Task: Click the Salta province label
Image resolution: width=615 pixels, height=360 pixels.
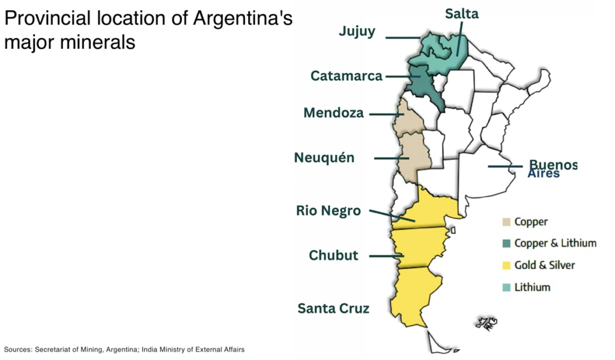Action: (462, 13)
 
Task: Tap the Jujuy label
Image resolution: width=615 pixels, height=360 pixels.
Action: (357, 31)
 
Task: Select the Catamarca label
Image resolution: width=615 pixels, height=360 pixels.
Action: (347, 76)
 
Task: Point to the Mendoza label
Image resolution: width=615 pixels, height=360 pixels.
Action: (333, 113)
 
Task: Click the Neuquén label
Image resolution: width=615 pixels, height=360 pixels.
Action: (324, 157)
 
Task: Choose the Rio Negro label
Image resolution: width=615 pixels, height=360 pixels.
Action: (329, 211)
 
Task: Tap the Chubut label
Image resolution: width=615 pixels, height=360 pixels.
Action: (333, 255)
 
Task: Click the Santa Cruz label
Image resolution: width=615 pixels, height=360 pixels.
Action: (333, 309)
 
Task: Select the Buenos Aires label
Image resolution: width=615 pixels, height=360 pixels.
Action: (552, 168)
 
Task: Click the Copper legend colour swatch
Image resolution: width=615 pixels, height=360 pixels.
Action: (506, 222)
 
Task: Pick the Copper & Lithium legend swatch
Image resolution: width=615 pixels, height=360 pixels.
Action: (506, 243)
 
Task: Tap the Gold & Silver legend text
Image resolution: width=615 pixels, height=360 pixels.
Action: (545, 265)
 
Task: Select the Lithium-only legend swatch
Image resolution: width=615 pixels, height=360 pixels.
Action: (506, 287)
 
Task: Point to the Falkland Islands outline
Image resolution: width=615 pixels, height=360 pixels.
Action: (486, 323)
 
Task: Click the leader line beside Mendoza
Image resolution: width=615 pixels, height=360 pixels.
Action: (385, 114)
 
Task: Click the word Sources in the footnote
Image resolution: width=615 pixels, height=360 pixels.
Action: (17, 349)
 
